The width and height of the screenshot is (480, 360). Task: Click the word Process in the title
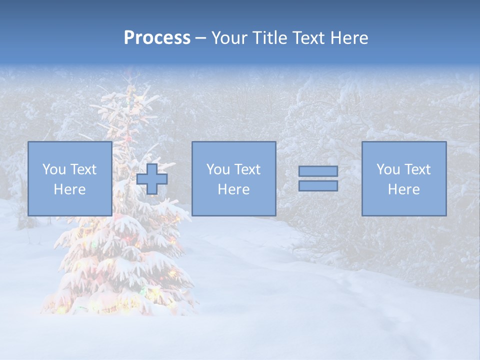[157, 38]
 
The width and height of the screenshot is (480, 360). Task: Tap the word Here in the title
[348, 38]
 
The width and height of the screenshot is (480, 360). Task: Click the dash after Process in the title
[200, 38]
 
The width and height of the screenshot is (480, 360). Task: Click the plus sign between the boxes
[152, 179]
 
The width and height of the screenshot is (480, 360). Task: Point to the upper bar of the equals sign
[318, 171]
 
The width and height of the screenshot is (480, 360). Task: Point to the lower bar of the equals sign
[318, 185]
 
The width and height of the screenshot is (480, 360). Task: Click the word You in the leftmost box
[53, 169]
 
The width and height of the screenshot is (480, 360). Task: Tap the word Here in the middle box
[233, 189]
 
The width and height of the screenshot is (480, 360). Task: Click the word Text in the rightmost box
[417, 169]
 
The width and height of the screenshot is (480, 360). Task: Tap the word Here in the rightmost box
[404, 189]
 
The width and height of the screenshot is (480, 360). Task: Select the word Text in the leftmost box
[83, 169]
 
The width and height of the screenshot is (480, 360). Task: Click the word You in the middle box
[218, 169]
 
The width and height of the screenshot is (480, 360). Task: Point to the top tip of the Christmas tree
[131, 75]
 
